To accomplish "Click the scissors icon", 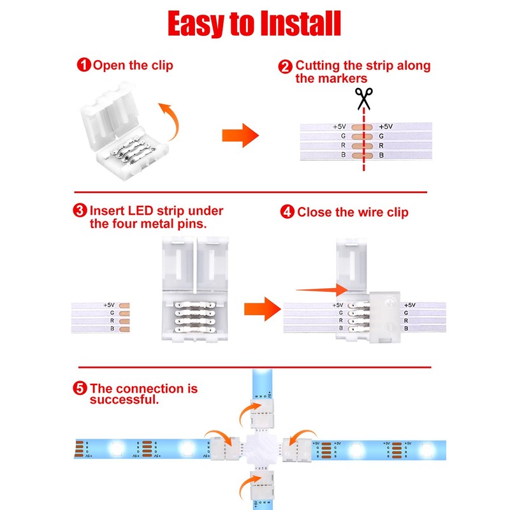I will [364, 99].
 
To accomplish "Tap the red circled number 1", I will [84, 64].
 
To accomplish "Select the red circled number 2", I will [286, 66].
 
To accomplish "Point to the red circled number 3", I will [80, 210].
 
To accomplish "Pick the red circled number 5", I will [81, 388].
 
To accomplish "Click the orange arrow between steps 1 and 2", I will [240, 136].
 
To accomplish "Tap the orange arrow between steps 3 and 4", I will [262, 309].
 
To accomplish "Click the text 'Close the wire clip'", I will [353, 212].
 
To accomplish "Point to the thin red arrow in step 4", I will [321, 291].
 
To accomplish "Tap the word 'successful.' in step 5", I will [124, 400].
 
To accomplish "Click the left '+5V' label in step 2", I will [339, 126].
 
